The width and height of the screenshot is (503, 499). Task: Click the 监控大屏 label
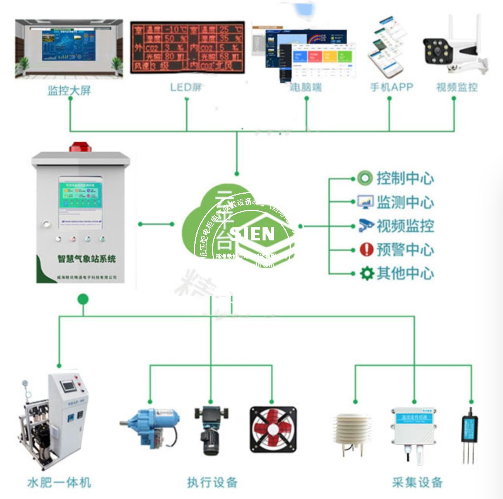tap(69, 90)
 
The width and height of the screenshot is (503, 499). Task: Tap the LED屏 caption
tap(186, 87)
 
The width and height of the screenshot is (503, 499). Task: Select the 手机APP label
tap(391, 87)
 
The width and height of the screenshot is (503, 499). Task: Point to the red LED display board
tap(188, 47)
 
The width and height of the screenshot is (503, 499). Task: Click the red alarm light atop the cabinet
tap(80, 147)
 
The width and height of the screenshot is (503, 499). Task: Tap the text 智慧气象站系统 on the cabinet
tap(87, 259)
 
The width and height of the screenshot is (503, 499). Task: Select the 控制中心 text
tap(405, 178)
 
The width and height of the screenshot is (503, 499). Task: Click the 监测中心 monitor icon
tap(365, 202)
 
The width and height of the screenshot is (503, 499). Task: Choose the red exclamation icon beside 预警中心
tap(366, 249)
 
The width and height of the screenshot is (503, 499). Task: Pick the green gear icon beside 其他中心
tap(366, 273)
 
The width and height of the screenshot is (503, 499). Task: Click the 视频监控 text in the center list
tap(405, 226)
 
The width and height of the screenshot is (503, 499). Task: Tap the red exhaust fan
tap(273, 429)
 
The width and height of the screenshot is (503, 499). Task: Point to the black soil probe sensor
tap(470, 435)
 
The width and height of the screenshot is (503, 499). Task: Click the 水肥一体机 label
tap(59, 482)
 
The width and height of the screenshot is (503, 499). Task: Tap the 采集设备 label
tap(417, 482)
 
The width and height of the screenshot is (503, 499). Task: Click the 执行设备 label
tap(212, 482)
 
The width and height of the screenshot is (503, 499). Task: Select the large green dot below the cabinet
tap(83, 299)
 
